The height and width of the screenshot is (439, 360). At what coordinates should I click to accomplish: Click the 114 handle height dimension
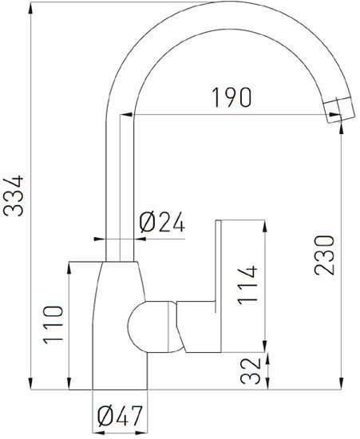[x=249, y=284]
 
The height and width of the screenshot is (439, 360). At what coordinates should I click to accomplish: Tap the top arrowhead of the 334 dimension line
[x=30, y=6]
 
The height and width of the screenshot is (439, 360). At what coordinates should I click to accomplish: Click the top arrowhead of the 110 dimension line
[x=67, y=265]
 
